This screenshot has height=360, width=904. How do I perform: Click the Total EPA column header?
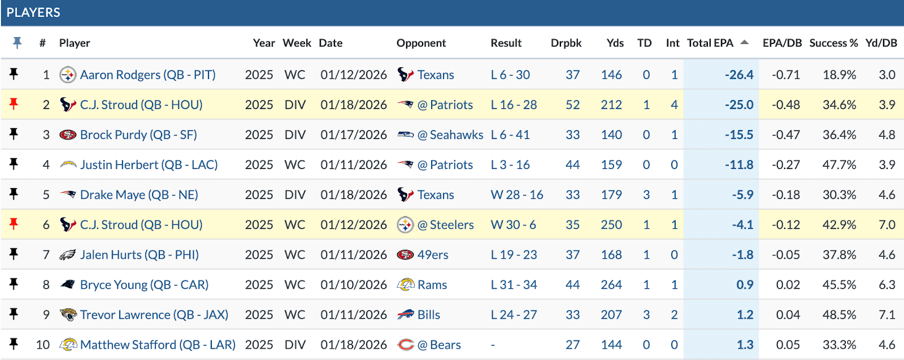710,43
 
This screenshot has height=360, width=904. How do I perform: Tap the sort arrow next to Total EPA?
744,42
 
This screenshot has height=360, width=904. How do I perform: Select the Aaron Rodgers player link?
147,75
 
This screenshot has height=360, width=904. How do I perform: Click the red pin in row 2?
14,104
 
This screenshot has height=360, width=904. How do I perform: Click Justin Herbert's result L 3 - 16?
510,164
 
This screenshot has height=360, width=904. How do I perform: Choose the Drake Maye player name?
139,194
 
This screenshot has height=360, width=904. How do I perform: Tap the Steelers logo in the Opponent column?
405,224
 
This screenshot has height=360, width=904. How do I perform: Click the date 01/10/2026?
354,284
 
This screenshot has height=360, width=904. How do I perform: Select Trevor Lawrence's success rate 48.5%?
839,314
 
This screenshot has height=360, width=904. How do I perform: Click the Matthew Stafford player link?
158,344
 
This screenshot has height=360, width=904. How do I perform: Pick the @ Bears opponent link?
439,344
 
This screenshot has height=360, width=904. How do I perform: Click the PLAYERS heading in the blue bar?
33,12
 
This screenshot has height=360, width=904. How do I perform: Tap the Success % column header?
833,43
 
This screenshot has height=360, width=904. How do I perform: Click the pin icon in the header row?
17,42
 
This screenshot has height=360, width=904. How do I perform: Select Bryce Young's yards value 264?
611,284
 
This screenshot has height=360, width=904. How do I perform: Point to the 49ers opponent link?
433,254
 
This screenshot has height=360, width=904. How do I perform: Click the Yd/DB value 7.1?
886,314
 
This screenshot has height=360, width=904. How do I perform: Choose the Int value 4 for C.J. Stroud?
674,105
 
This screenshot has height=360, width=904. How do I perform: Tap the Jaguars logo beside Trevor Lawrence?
68,314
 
